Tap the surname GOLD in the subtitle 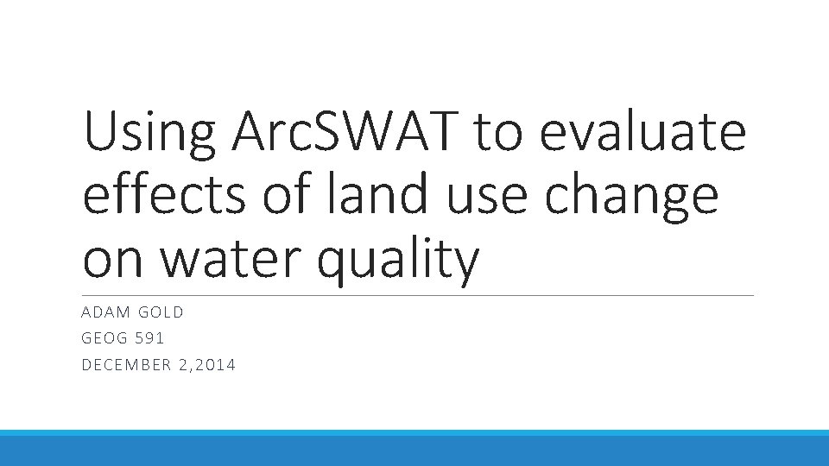click(161, 312)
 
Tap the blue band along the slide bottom click(414, 449)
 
